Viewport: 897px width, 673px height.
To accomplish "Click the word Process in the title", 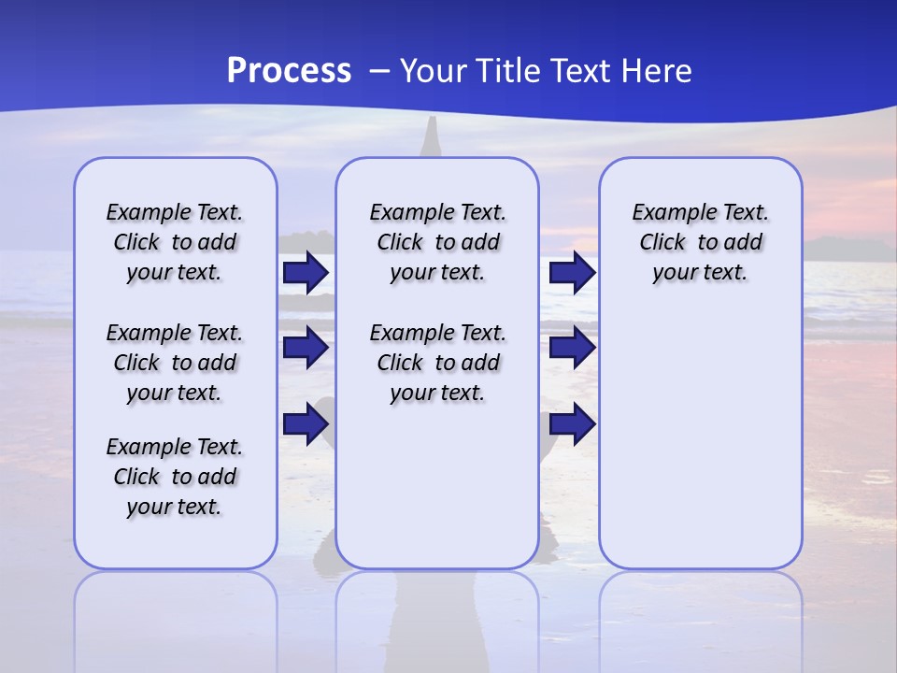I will tap(289, 71).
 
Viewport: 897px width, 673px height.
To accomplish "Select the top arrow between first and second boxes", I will tap(306, 273).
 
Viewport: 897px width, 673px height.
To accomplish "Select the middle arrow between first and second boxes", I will tap(306, 348).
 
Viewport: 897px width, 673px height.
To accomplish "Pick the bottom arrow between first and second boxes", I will tap(306, 423).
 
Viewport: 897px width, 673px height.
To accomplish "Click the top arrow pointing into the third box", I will tap(572, 273).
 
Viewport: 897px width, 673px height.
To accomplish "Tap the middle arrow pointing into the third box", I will tap(572, 348).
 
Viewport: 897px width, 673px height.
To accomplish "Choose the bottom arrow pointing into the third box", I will tap(572, 423).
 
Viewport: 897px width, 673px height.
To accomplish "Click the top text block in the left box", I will tap(175, 242).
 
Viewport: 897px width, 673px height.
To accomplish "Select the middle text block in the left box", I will tap(175, 363).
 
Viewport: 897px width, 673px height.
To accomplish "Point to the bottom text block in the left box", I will tap(175, 477).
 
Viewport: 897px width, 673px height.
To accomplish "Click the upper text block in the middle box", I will tap(437, 242).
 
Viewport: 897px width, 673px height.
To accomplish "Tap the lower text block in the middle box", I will tap(437, 363).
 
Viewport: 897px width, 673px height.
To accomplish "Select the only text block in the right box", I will tap(700, 242).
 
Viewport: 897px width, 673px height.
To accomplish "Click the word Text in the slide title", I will tap(581, 71).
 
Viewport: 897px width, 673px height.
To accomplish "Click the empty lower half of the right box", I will tap(700, 449).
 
